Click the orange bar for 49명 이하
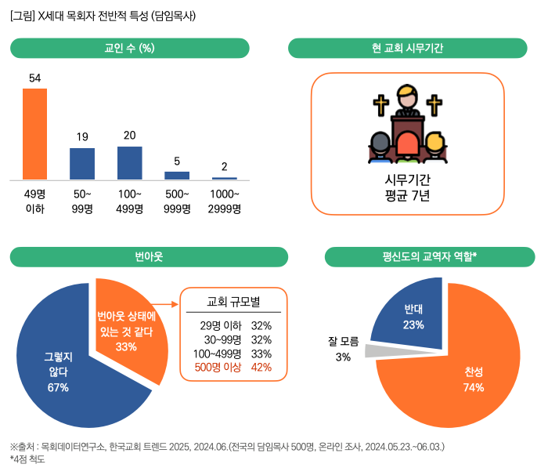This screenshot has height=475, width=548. (34, 134)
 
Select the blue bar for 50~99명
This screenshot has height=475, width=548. (82, 163)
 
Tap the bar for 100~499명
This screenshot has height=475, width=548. (129, 162)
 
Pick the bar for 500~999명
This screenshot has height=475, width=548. (177, 175)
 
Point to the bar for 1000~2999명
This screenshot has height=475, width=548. (224, 178)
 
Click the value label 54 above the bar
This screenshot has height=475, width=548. (34, 78)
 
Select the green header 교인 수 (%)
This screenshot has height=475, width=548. (129, 49)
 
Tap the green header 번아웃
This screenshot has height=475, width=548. (149, 256)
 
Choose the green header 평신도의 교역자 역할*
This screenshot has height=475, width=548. (430, 256)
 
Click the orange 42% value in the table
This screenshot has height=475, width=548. (261, 368)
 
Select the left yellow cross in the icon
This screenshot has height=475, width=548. (380, 105)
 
